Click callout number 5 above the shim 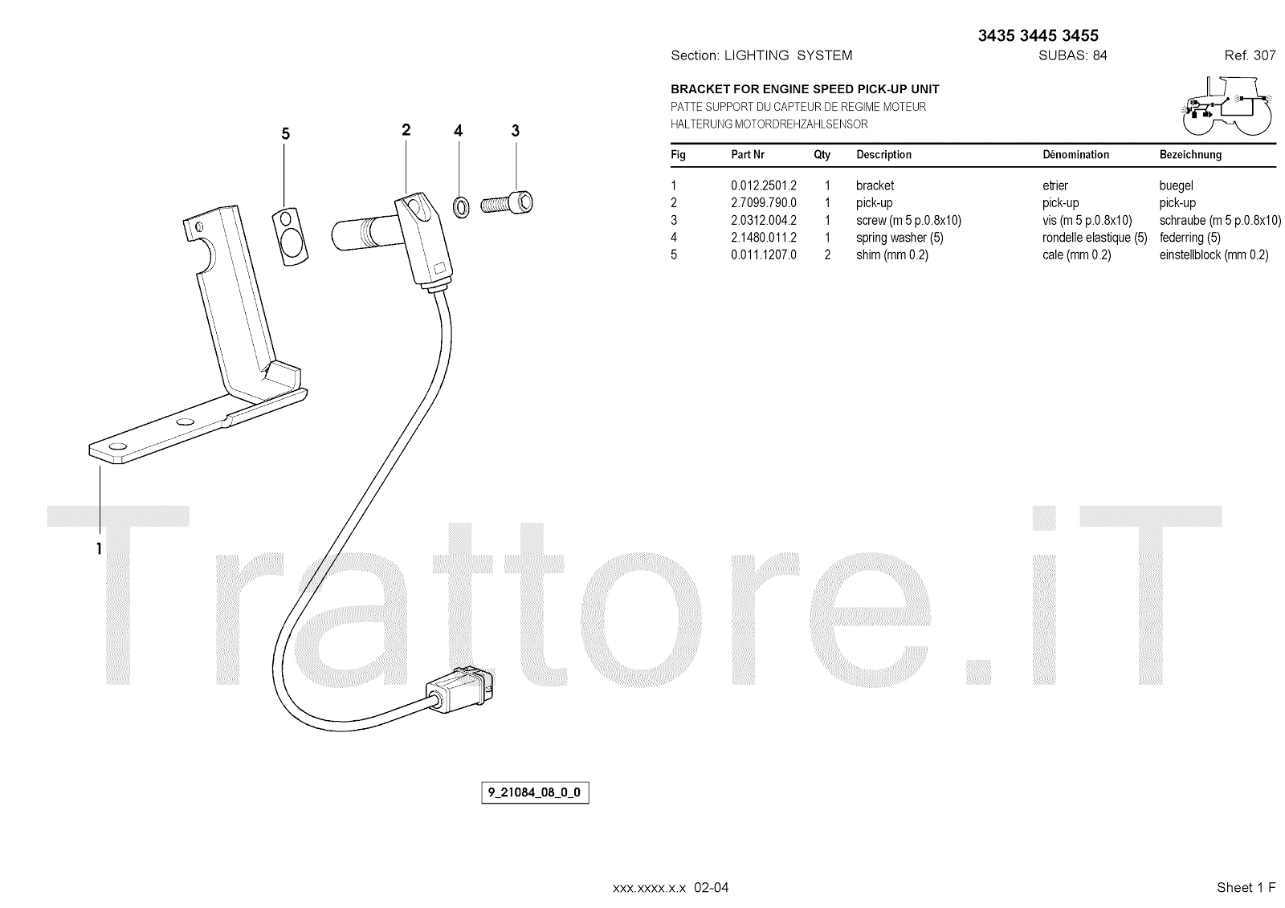pyautogui.click(x=285, y=134)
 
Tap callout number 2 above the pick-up pyautogui.click(x=406, y=129)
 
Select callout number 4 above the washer pyautogui.click(x=458, y=130)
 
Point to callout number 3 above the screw pyautogui.click(x=515, y=130)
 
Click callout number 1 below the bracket pyautogui.click(x=99, y=549)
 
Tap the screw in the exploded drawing pyautogui.click(x=508, y=202)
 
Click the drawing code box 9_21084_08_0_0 pyautogui.click(x=534, y=793)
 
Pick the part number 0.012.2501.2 pyautogui.click(x=763, y=185)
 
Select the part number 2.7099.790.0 pyautogui.click(x=763, y=203)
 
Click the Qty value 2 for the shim pyautogui.click(x=827, y=255)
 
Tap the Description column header pyautogui.click(x=883, y=155)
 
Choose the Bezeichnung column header pyautogui.click(x=1190, y=155)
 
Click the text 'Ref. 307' pyautogui.click(x=1250, y=55)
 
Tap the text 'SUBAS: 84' pyautogui.click(x=1072, y=55)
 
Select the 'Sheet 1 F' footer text pyautogui.click(x=1246, y=887)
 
